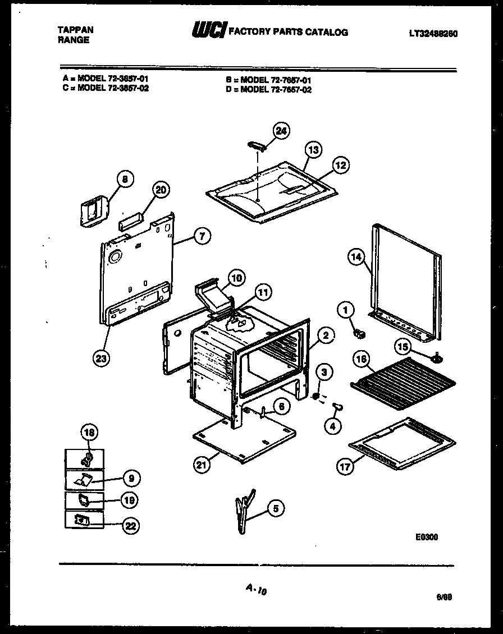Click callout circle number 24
tap(281, 130)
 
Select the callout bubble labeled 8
tap(125, 179)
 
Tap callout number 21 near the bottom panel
tap(200, 463)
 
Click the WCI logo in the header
tap(209, 31)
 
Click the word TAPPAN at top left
tap(76, 29)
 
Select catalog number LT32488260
tap(433, 34)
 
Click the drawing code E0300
tap(427, 537)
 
